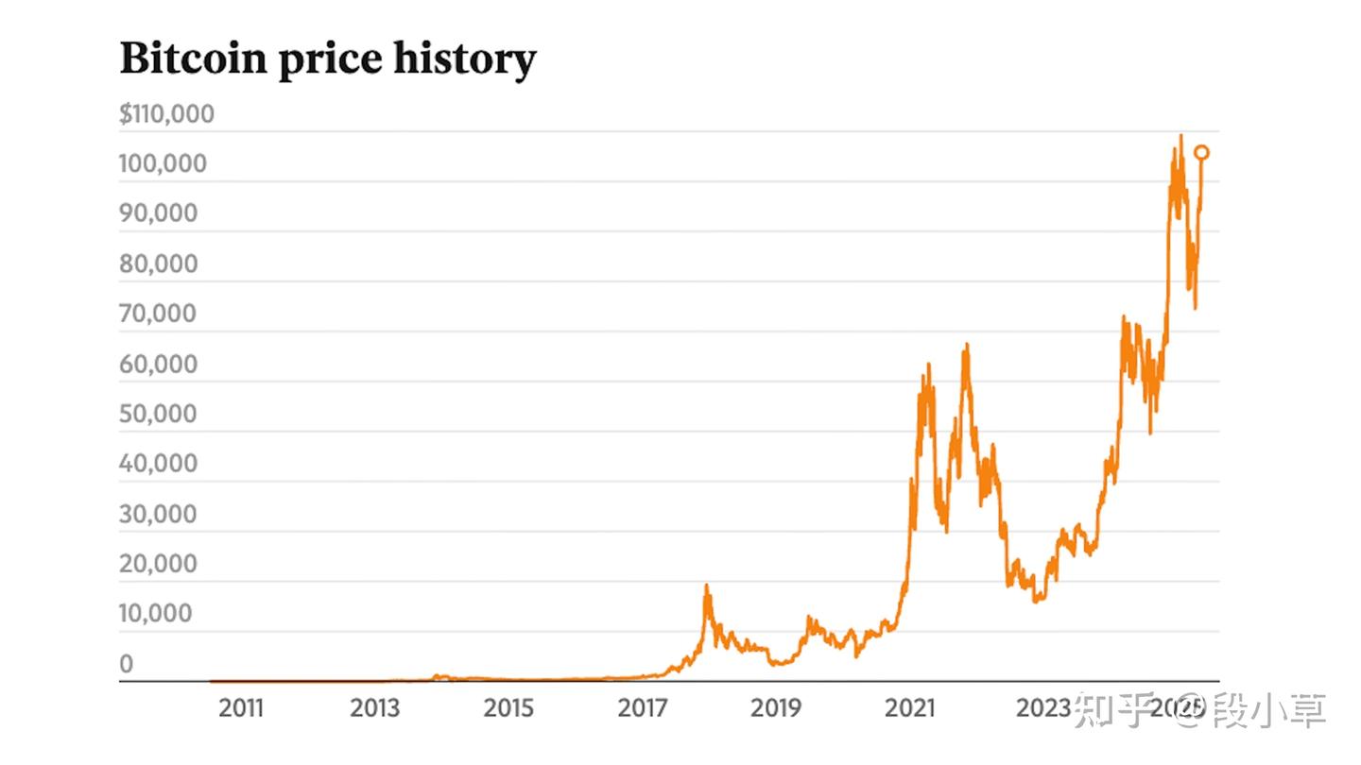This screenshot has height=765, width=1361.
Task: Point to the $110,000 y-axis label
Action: pyautogui.click(x=167, y=114)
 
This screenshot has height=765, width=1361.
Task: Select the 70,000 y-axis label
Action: pyautogui.click(x=159, y=314)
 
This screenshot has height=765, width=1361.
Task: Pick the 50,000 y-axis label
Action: pyautogui.click(x=159, y=414)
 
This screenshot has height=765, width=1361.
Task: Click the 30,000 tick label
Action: pyautogui.click(x=159, y=514)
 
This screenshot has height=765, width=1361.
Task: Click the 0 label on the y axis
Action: pyautogui.click(x=127, y=664)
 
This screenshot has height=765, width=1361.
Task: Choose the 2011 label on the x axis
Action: pyautogui.click(x=241, y=707)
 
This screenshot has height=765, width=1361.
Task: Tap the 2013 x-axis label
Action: pyautogui.click(x=374, y=707)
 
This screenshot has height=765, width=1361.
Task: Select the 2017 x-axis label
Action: pyautogui.click(x=643, y=707)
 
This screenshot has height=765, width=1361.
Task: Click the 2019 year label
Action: pyautogui.click(x=776, y=707)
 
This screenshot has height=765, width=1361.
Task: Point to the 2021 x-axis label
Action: pyautogui.click(x=909, y=707)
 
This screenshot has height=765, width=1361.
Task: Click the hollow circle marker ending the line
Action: pyautogui.click(x=1202, y=152)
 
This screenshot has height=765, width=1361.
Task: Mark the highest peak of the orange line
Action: pyautogui.click(x=1180, y=136)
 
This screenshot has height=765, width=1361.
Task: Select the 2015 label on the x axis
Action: pyautogui.click(x=508, y=707)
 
